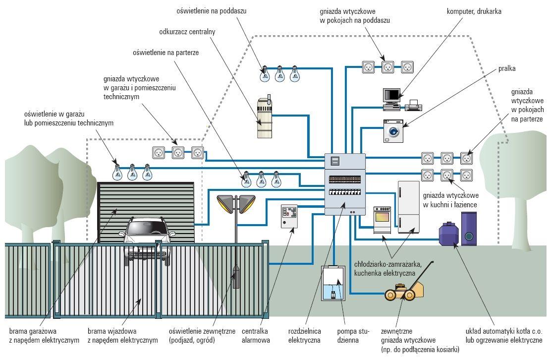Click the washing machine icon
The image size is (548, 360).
393,131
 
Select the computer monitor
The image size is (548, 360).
391,95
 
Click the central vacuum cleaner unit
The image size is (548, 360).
265,118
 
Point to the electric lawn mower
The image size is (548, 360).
405,291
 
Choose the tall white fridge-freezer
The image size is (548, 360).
409,207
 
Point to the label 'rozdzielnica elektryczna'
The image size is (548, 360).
305,336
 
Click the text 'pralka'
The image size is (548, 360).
507,69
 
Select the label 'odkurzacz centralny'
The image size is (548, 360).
187,31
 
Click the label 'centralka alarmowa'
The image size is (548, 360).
256,336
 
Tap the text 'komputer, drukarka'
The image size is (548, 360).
474,11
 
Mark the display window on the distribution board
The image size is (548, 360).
334,161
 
